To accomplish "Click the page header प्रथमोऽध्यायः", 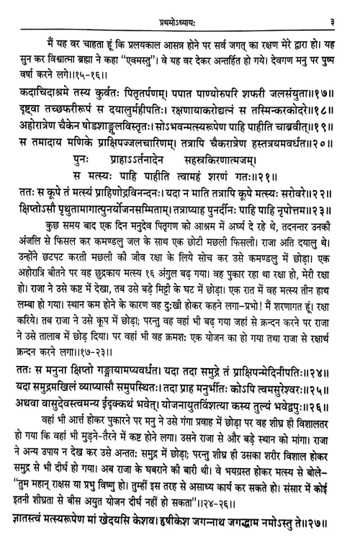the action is pyautogui.click(x=179, y=10).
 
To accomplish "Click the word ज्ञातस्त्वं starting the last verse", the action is pyautogui.click(x=34, y=536).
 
